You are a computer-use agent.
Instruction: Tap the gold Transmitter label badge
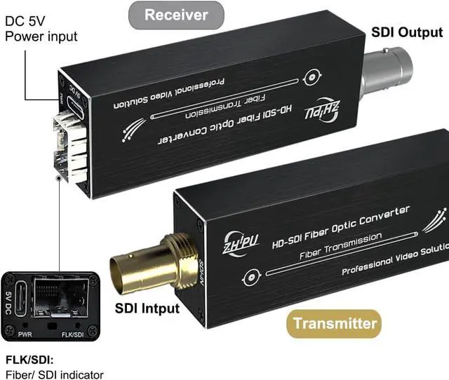click(x=334, y=323)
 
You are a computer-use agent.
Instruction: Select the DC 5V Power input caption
click(x=41, y=28)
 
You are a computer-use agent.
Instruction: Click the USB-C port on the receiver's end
click(x=72, y=104)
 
